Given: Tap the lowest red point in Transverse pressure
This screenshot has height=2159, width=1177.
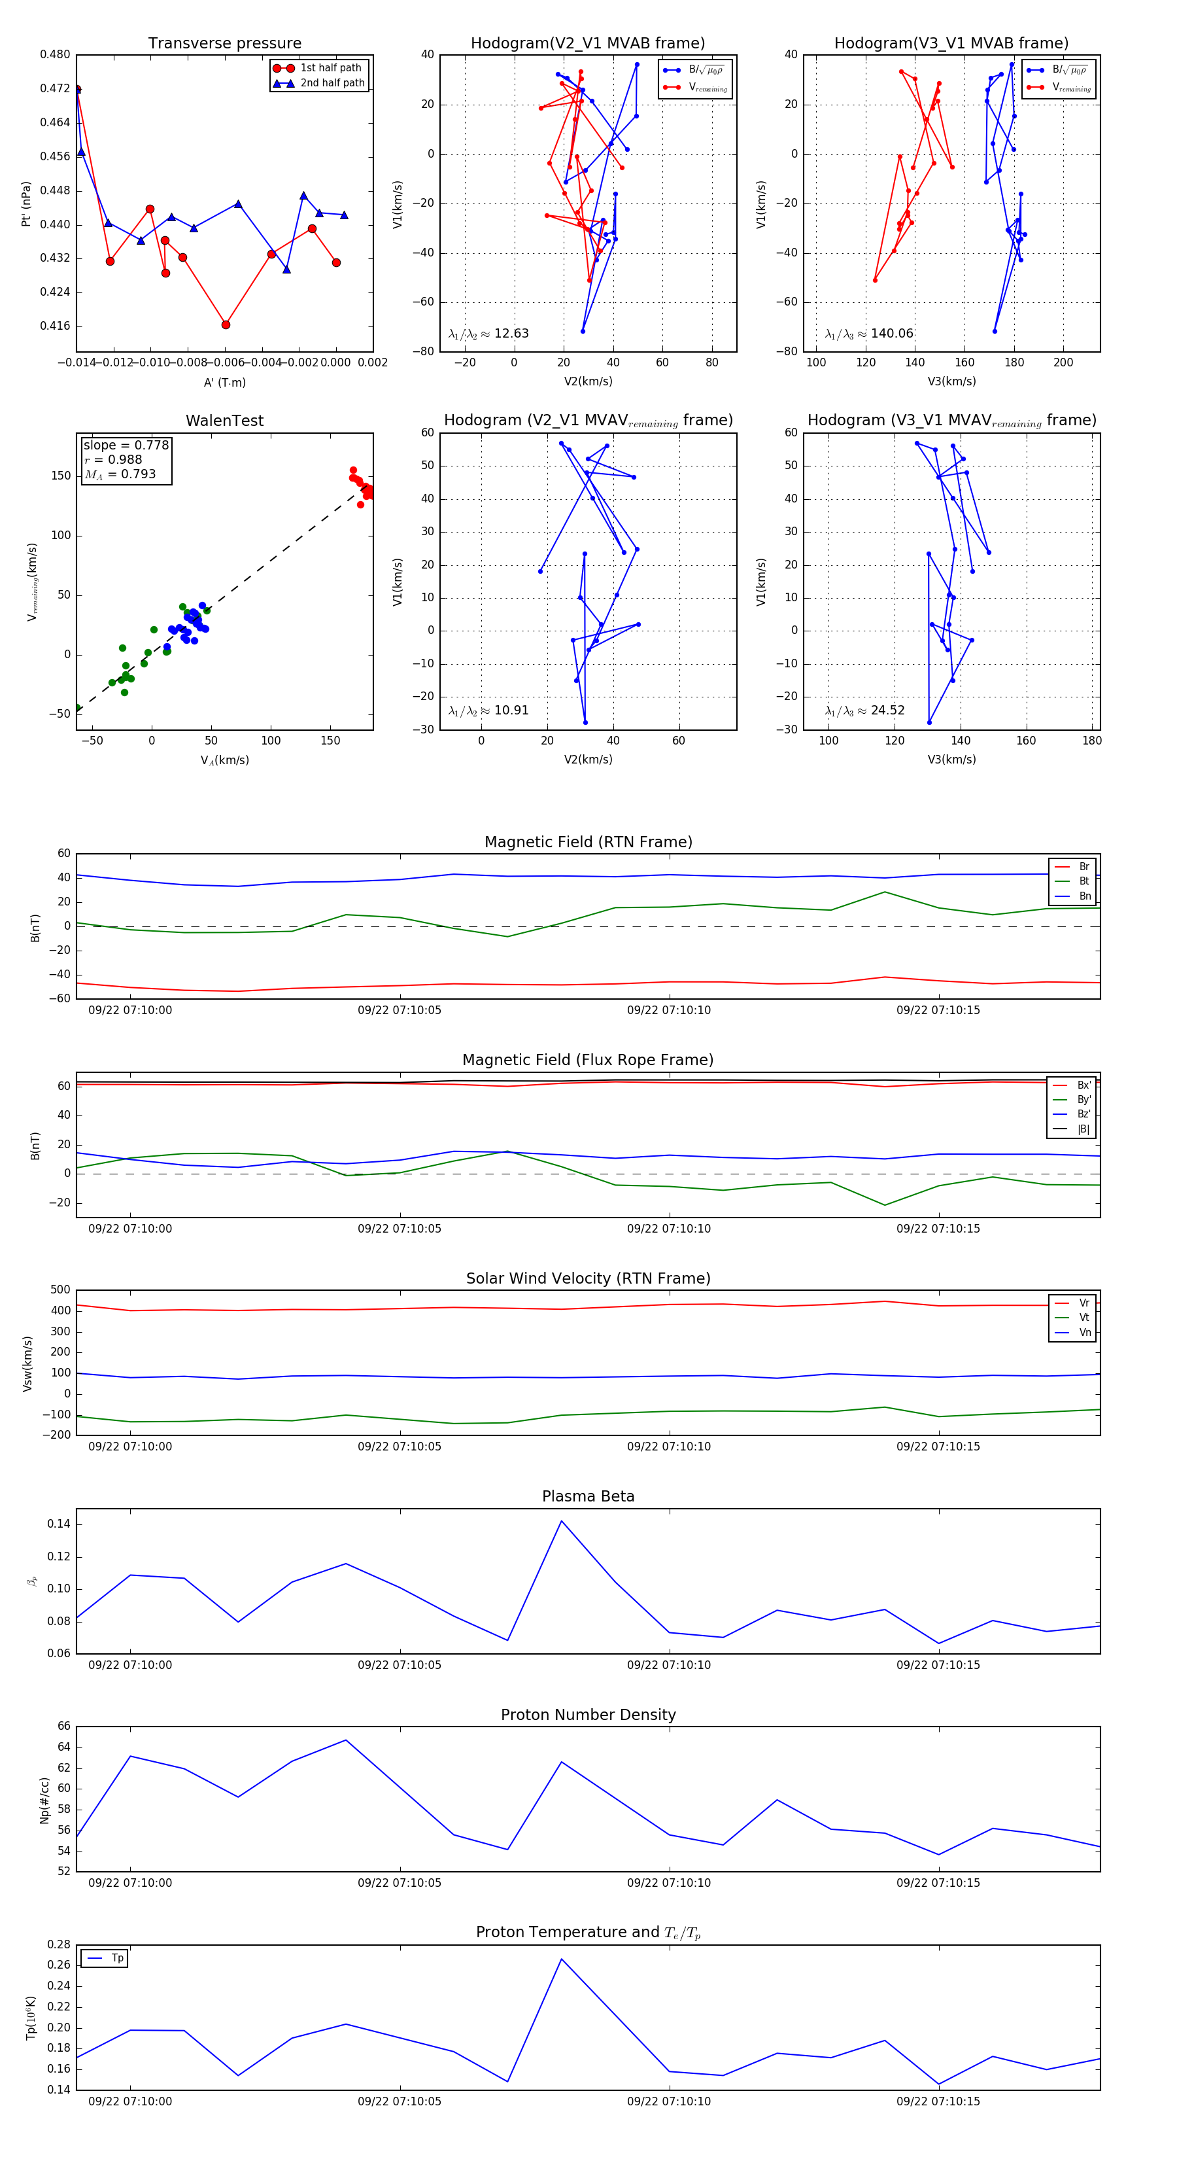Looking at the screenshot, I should click(x=226, y=325).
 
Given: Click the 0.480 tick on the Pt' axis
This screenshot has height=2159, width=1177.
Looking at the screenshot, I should click(x=56, y=54).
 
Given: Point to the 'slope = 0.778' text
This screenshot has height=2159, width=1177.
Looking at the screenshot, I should click(x=126, y=445).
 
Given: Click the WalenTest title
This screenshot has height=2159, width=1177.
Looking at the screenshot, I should click(x=224, y=421).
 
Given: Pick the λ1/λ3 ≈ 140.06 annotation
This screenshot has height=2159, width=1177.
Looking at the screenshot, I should click(x=869, y=334).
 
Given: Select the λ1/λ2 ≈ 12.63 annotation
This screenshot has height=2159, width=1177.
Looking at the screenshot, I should click(x=488, y=334).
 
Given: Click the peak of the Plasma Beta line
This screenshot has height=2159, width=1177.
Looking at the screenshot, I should click(x=561, y=1521).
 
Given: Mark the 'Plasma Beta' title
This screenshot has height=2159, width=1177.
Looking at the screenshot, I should click(x=588, y=1497).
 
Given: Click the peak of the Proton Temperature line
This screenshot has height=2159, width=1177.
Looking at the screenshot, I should click(x=561, y=1959).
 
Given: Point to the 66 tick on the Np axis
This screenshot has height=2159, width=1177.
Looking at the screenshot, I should click(x=63, y=1727).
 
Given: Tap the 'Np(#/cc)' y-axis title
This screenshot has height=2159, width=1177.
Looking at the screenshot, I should click(x=44, y=1800).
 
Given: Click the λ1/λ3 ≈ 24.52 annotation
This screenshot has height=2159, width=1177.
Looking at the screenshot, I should click(x=864, y=711).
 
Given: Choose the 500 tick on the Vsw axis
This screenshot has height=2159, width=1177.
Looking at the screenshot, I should click(x=60, y=1290).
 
